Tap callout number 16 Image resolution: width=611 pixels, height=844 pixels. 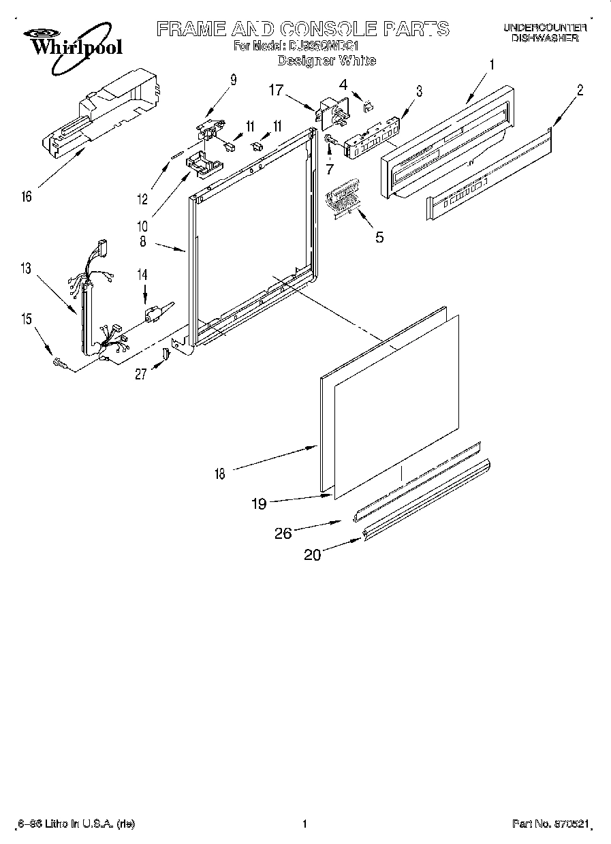(x=27, y=198)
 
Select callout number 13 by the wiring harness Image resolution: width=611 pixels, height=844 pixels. (x=26, y=269)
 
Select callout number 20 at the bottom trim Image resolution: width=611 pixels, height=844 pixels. (x=312, y=555)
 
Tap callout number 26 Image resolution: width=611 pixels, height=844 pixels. (x=283, y=533)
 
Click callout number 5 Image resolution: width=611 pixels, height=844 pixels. (x=379, y=237)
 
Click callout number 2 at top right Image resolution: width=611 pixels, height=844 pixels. (x=580, y=89)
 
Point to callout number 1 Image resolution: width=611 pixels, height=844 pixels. (x=492, y=65)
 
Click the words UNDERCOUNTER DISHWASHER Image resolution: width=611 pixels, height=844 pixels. (x=544, y=33)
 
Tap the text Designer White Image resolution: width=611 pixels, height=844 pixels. (x=326, y=61)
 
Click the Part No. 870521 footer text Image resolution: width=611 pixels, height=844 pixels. (x=550, y=824)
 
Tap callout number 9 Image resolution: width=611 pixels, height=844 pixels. (x=233, y=80)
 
